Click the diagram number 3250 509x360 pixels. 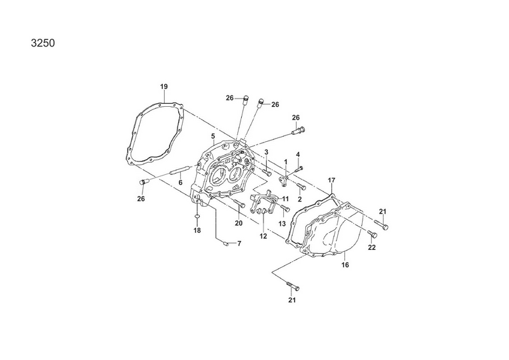click(43, 43)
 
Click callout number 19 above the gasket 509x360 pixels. click(164, 87)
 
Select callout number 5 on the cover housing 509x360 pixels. click(213, 135)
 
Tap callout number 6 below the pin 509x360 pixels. click(181, 183)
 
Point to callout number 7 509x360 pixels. click(239, 244)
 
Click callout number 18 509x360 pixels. click(197, 230)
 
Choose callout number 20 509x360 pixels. click(239, 223)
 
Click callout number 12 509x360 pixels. click(263, 237)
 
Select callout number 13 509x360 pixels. click(282, 224)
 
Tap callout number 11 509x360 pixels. click(285, 198)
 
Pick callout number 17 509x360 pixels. click(331, 180)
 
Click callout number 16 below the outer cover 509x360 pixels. click(345, 265)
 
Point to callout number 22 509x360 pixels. click(372, 247)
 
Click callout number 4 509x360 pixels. click(298, 155)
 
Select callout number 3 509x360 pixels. click(266, 152)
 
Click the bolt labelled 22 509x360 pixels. click(372, 233)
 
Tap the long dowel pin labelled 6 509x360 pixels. click(179, 170)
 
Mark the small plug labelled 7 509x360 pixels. click(225, 243)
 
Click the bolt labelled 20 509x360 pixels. click(240, 204)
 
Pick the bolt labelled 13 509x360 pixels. click(284, 208)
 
